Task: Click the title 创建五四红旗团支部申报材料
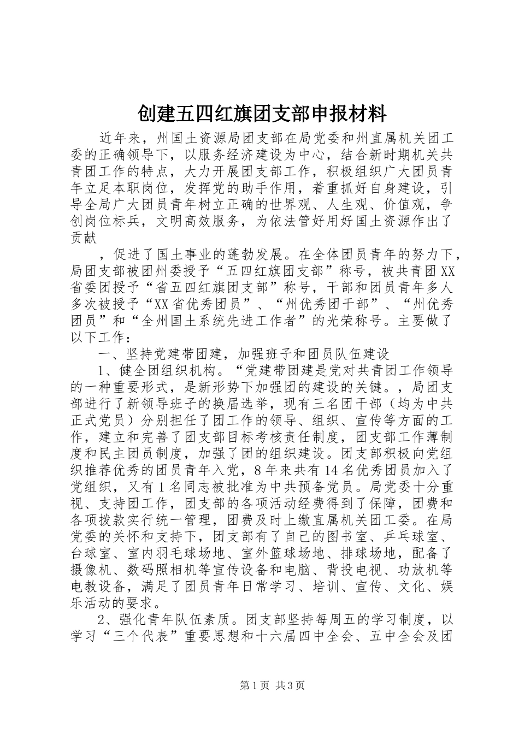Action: pyautogui.click(x=259, y=114)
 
